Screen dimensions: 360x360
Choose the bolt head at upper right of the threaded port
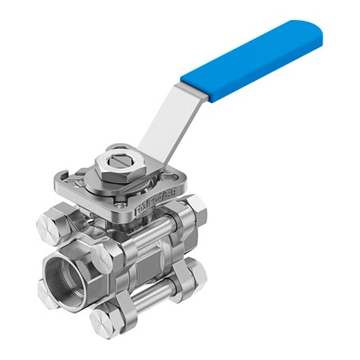(105, 255)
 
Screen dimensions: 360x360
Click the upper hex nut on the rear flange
(194, 209)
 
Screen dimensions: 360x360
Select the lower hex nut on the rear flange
(193, 274)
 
